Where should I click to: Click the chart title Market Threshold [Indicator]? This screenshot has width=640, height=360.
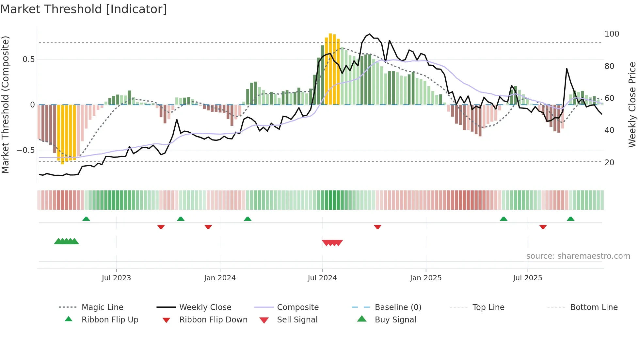[84, 9]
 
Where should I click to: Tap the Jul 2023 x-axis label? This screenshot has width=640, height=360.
[116, 278]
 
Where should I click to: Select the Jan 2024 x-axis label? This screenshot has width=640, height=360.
[220, 278]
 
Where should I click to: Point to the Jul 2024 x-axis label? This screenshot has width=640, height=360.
[322, 278]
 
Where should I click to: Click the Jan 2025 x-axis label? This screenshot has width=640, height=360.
[426, 278]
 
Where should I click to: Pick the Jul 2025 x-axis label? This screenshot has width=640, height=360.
[528, 278]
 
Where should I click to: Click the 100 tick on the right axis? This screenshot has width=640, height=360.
[612, 34]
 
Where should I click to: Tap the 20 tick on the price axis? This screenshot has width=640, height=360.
[609, 162]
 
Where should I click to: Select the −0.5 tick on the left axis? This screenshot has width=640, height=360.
[25, 150]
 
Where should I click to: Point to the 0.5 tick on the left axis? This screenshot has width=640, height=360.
[28, 59]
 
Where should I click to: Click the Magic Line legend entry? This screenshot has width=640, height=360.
[102, 307]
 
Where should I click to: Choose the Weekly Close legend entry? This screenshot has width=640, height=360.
[205, 307]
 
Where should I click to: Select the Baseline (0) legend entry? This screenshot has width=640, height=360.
[398, 307]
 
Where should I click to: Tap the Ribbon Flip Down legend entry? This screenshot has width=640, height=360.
[213, 320]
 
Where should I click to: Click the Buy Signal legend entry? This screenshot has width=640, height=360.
[395, 320]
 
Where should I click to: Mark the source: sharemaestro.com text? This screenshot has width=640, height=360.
[578, 256]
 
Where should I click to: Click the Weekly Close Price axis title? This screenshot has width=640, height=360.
[632, 105]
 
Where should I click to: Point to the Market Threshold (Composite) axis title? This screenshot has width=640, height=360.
[5, 105]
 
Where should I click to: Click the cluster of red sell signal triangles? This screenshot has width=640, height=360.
[332, 243]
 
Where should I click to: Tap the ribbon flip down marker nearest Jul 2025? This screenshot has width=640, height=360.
[543, 227]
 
